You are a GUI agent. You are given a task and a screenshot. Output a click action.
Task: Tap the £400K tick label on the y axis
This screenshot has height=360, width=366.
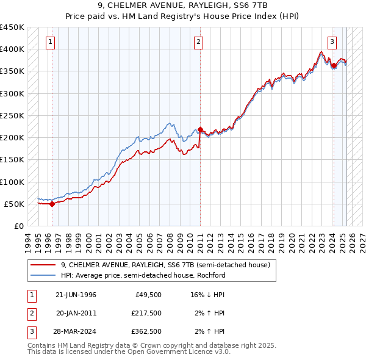(12, 49)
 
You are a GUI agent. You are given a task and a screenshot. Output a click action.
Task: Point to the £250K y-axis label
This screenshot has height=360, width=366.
(12, 115)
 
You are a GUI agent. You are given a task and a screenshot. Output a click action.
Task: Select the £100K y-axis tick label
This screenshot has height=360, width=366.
(12, 182)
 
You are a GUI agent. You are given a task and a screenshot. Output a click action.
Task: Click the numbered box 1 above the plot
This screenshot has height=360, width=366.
(49, 42)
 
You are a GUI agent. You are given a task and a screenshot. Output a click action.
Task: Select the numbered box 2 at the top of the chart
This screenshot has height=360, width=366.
(199, 42)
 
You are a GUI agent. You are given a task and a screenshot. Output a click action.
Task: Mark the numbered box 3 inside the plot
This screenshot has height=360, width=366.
(332, 42)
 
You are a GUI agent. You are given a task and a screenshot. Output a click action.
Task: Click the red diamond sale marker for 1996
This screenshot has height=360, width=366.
(52, 204)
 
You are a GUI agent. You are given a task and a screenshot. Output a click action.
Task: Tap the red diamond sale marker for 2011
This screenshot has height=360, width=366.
(200, 130)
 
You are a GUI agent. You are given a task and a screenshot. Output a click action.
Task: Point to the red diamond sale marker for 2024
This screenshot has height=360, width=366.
(334, 65)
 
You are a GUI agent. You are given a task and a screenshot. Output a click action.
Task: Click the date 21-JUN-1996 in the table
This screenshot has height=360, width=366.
(76, 295)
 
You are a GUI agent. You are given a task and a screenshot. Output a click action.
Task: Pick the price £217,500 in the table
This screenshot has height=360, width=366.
(146, 313)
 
